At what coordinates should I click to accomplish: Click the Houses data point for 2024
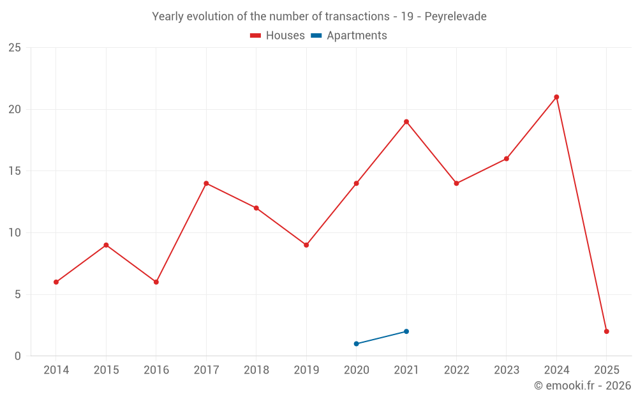[556, 97]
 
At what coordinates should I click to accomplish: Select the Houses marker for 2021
[406, 122]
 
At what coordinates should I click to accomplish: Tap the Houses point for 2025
[607, 331]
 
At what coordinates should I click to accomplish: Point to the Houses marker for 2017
[206, 183]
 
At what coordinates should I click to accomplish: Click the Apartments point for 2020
[356, 343]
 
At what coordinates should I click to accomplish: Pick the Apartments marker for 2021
[406, 331]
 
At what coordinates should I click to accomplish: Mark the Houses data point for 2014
[56, 282]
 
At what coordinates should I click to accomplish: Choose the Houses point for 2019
[306, 245]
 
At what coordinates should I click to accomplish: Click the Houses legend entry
[278, 36]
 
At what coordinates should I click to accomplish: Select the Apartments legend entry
[349, 36]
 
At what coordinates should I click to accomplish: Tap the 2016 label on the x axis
[156, 370]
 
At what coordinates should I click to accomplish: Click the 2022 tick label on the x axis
[456, 370]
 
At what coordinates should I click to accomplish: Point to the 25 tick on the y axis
[15, 48]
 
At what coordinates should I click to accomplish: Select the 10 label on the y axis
[15, 233]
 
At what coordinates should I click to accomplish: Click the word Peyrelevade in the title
[456, 17]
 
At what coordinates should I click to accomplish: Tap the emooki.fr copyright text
[582, 386]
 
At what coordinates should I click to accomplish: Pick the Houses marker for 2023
[507, 159]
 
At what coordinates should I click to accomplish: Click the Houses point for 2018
[256, 208]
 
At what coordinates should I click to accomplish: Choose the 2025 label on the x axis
[606, 370]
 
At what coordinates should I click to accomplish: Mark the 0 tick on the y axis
[18, 356]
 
